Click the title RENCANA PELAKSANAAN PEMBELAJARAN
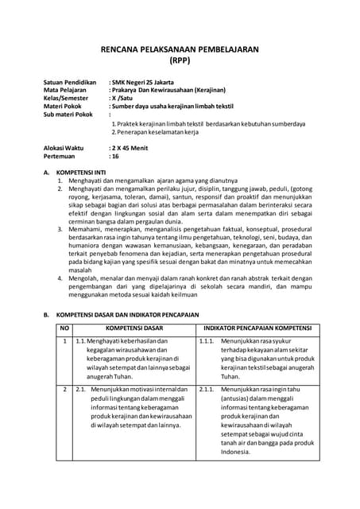coord(180,49)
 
